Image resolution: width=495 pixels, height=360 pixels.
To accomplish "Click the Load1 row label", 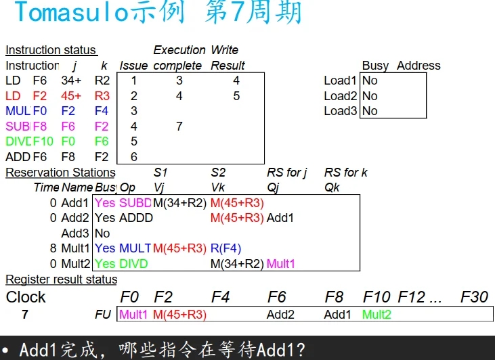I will pos(340,81).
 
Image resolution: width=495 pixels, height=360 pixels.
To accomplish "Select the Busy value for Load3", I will pos(370,111).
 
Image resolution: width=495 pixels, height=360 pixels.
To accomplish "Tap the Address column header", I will pos(418,66).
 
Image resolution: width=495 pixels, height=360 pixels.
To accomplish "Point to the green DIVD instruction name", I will pos(18,141).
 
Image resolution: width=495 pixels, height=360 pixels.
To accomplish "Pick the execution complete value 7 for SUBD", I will pos(179,126).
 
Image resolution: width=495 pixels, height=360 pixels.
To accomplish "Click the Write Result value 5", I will pos(236,96).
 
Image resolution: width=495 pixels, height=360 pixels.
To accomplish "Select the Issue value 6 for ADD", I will pos(134,157).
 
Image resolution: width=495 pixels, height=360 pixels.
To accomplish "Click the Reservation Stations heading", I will pos(60,173).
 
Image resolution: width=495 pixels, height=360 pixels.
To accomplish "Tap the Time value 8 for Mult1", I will pos(53,248).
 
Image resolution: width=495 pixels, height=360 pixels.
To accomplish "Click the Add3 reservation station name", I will pos(74,233).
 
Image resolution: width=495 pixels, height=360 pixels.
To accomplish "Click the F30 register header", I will pos(474,296).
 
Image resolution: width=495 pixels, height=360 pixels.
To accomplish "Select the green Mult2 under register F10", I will pos(376,315).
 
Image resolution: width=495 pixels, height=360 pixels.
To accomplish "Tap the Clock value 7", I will pos(25,315).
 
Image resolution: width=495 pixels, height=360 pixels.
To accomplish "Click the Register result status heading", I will pos(61,279).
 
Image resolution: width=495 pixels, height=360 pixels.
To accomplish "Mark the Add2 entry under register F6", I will pos(280,315).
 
